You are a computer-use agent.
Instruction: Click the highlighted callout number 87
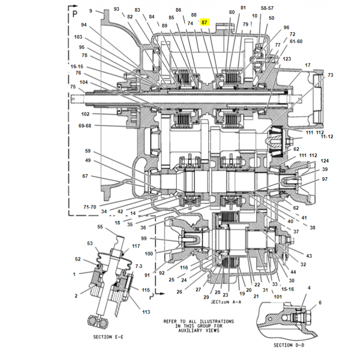coord(204,22)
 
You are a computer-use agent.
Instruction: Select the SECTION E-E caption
coord(108,337)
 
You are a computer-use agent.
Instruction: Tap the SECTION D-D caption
coord(289,345)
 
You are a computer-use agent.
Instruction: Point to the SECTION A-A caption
coord(226,302)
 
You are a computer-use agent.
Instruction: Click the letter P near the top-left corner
coord(75,14)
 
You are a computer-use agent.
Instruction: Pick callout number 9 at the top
coord(91,11)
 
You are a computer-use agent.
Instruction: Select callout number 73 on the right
coord(330,75)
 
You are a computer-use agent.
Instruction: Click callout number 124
coord(324,161)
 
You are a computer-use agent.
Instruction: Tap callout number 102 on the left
coord(85,114)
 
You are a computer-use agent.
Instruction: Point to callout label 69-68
coord(85,126)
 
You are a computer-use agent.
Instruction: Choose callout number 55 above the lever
coord(100,227)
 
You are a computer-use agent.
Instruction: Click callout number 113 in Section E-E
coord(146,312)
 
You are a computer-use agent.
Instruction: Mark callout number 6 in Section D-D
coord(320,302)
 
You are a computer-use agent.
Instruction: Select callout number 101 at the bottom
coord(278,297)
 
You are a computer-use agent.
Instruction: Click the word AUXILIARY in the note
coord(190,330)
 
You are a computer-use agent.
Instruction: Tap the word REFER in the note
coord(171,321)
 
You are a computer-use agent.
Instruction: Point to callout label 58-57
coord(267,8)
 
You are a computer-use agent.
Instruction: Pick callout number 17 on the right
coord(308,65)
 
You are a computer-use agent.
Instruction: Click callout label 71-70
coord(90,207)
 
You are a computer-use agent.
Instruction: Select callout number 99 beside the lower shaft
coord(144,238)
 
